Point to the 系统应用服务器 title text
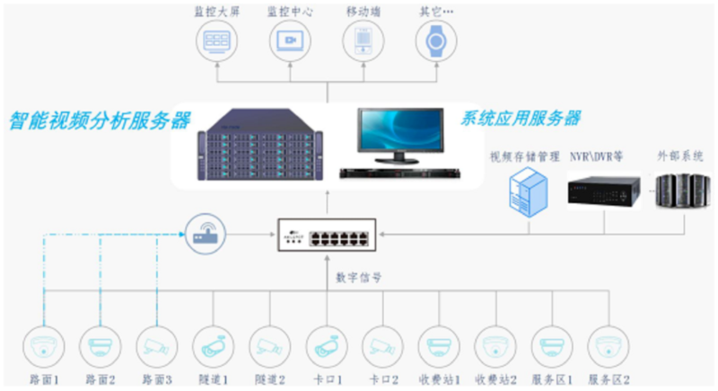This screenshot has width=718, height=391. coord(521,118)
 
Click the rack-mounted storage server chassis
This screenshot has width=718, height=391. coord(260,144)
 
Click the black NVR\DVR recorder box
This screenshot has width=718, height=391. coord(602,191)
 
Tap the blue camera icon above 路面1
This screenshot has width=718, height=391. coord(43,345)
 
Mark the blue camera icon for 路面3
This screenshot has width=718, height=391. coord(156,345)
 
